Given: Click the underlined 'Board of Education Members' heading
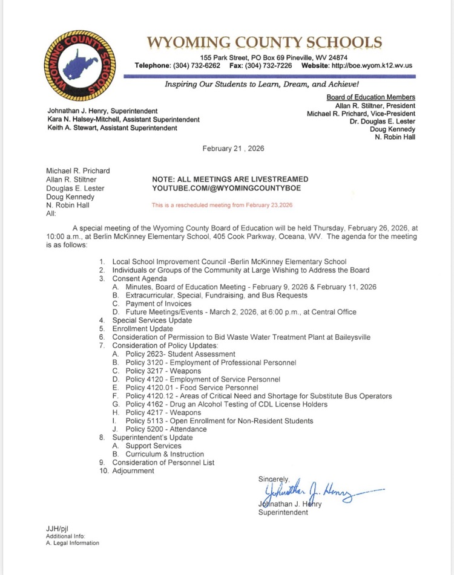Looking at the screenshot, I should click(x=370, y=97).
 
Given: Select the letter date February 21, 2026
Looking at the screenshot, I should click(x=233, y=148).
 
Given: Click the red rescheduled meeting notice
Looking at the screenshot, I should click(x=222, y=205).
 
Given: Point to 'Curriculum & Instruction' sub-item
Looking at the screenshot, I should click(x=165, y=454).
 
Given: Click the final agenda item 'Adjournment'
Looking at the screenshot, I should click(x=133, y=471).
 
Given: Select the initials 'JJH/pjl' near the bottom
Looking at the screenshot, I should click(x=58, y=528).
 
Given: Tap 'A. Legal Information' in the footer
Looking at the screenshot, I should click(x=73, y=543).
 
